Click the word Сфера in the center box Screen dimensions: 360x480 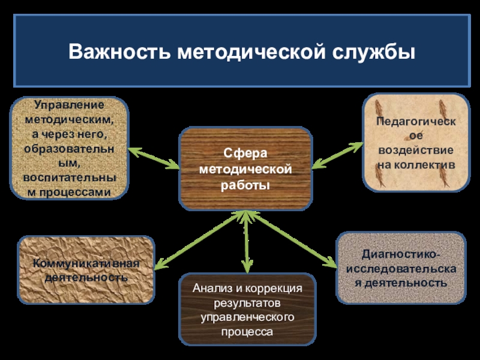point(245,154)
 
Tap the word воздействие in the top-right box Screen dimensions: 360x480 point(415,150)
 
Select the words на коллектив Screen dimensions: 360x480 point(415,164)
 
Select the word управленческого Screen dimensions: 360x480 point(245,317)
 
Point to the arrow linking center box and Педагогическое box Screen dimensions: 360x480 point(337,155)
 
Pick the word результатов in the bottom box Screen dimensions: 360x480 point(245,303)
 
